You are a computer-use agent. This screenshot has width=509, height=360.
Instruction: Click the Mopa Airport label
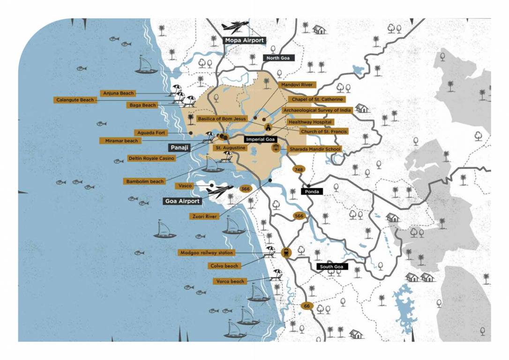pyautogui.click(x=244, y=40)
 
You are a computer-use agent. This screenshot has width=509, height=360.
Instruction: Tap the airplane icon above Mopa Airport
pyautogui.click(x=235, y=26)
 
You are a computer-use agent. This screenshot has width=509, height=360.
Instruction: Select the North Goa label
pyautogui.click(x=278, y=58)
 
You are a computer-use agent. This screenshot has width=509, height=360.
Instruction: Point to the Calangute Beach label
pyautogui.click(x=75, y=100)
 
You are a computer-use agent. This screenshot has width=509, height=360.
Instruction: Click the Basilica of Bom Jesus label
pyautogui.click(x=222, y=119)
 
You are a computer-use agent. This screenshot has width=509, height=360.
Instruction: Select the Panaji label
pyautogui.click(x=179, y=147)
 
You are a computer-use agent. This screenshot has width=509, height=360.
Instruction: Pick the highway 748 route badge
pyautogui.click(x=298, y=169)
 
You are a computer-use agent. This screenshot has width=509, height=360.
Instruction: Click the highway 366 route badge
pyautogui.click(x=245, y=188)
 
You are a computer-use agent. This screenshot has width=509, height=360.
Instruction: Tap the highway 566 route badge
pyautogui.click(x=299, y=216)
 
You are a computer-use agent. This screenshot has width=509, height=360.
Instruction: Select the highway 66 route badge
pyautogui.click(x=307, y=306)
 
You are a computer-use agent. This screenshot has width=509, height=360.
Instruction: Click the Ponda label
pyautogui.click(x=312, y=191)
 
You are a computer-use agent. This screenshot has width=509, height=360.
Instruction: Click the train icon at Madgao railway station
pyautogui.click(x=285, y=253)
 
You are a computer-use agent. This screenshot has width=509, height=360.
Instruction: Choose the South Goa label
pyautogui.click(x=332, y=267)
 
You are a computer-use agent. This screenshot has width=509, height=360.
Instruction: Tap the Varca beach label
pyautogui.click(x=230, y=281)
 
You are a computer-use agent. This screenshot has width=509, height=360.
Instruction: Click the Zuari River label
pyautogui.click(x=204, y=217)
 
